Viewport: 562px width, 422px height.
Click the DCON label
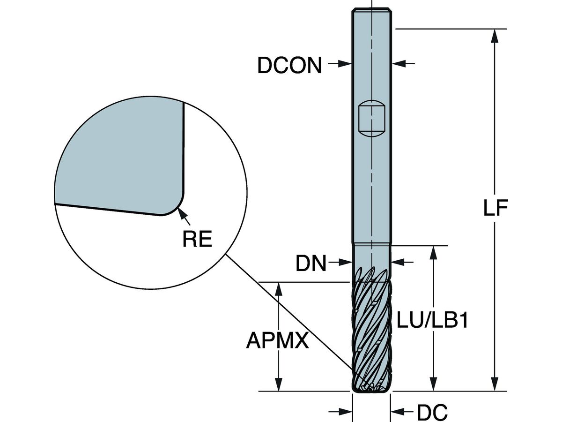[x=289, y=66]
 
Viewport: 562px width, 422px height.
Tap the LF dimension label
[x=495, y=210]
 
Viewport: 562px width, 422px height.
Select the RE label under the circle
[x=197, y=240]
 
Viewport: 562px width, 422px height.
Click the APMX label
[x=277, y=340]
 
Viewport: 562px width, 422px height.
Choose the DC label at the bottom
[x=432, y=413]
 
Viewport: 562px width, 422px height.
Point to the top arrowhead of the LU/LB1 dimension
[x=434, y=253]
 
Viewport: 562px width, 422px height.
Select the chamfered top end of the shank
[x=371, y=10]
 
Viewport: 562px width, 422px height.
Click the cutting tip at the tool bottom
[x=371, y=387]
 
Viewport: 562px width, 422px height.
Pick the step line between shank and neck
[x=371, y=243]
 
